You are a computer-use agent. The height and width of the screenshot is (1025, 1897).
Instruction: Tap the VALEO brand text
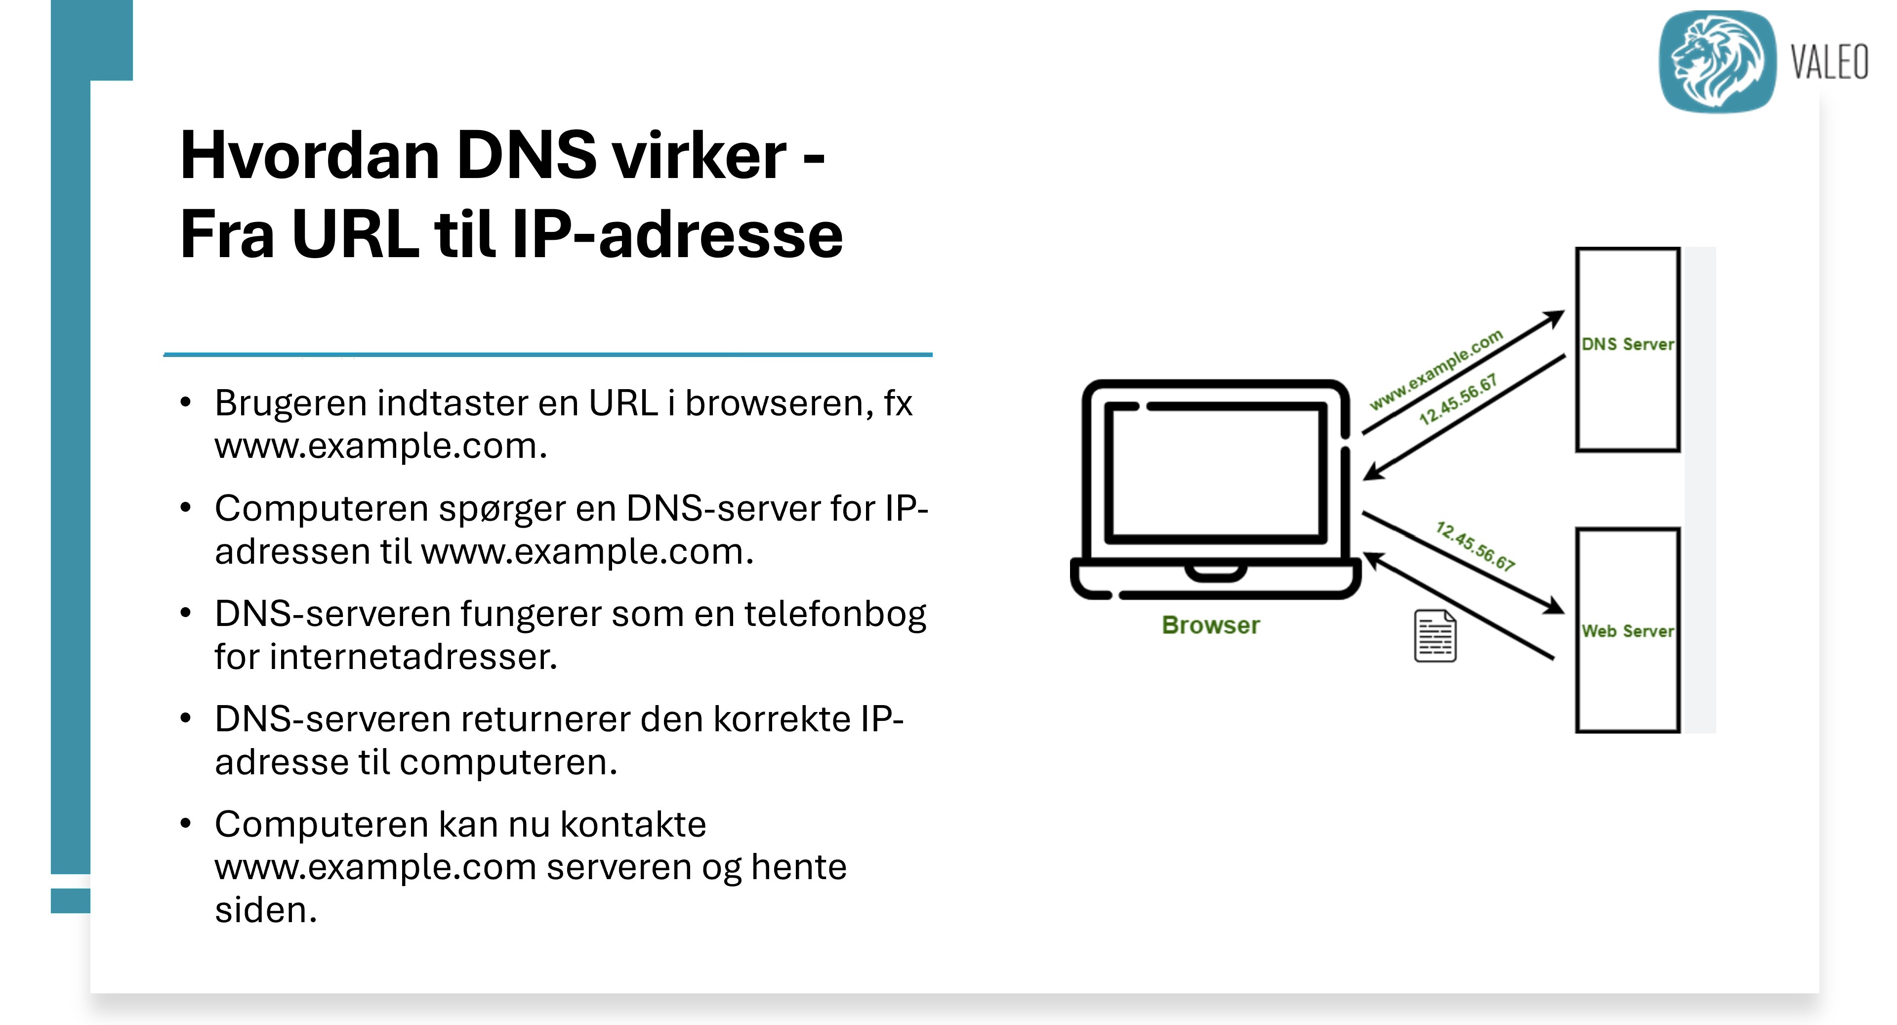pos(1829,62)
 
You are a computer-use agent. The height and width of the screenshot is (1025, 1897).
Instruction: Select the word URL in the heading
pos(355,234)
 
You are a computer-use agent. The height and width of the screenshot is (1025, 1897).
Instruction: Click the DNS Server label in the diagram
pos(1627,344)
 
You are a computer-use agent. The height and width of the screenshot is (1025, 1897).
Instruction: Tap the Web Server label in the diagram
pos(1627,631)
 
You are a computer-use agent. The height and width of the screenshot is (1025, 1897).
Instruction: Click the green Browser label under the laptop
pos(1211,625)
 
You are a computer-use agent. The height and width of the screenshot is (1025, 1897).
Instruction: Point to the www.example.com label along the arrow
pos(1436,370)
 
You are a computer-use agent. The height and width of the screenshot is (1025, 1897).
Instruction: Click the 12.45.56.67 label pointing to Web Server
pos(1475,546)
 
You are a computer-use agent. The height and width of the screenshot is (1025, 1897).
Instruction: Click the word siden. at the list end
pos(266,910)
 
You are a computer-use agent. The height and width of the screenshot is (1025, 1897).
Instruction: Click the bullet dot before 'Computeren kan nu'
pos(186,823)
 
